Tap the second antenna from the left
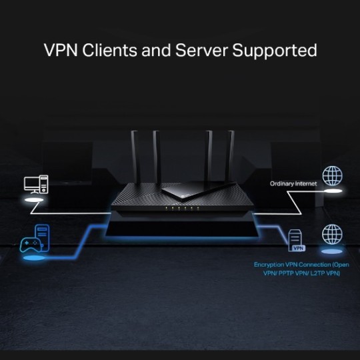[x=157, y=157]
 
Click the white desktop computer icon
[x=36, y=185]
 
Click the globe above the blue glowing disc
[x=331, y=234]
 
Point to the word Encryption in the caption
[x=269, y=265]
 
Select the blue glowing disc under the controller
[x=33, y=257]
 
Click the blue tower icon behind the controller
[x=42, y=235]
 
